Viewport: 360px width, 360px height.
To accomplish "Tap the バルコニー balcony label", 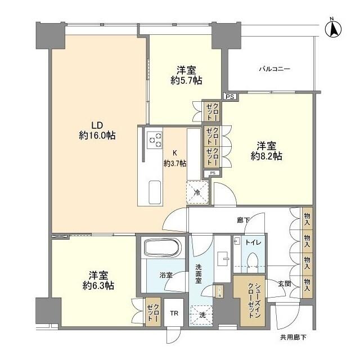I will (274, 69).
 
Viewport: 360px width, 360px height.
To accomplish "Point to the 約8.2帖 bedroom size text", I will (266, 156).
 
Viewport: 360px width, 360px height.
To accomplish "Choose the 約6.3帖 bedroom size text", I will (97, 285).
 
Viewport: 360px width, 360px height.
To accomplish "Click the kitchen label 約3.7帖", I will (175, 163).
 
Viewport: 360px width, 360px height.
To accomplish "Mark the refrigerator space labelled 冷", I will (197, 191).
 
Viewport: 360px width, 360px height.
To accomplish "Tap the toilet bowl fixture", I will (253, 261).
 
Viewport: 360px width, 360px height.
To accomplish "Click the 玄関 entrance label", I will (283, 284).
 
